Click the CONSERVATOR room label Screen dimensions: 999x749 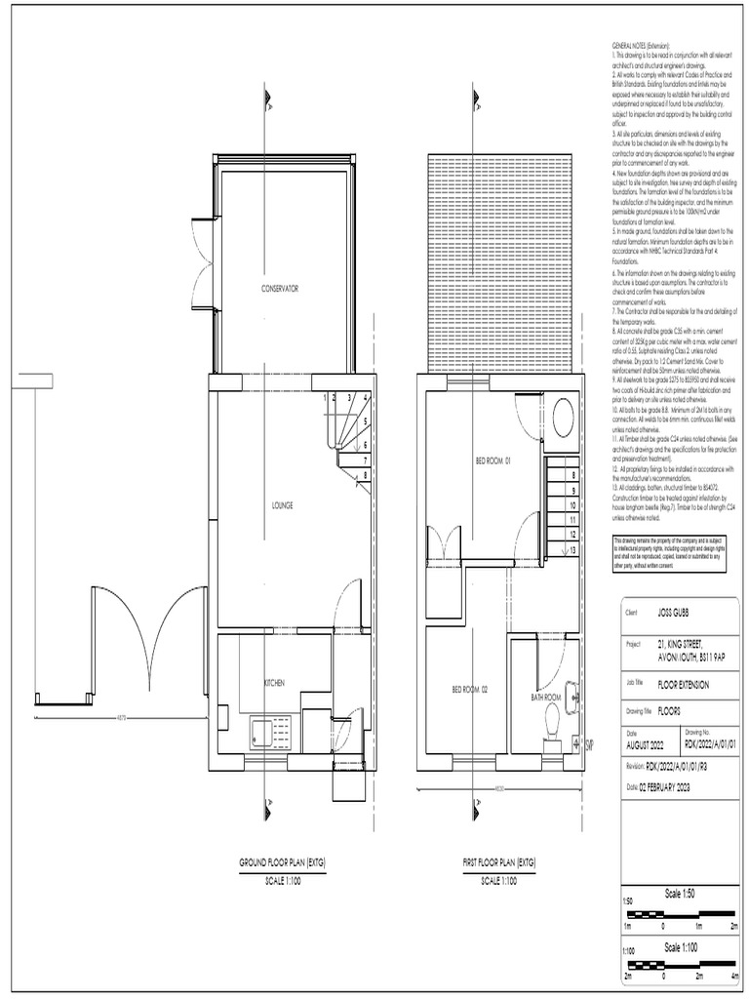pos(279,289)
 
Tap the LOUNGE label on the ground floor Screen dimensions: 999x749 pos(283,505)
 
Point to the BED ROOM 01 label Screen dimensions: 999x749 pos(493,460)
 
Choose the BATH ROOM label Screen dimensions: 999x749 pos(545,698)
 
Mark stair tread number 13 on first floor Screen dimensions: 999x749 pos(573,550)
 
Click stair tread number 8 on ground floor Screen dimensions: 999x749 pos(364,475)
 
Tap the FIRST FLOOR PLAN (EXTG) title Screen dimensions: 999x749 pos(499,863)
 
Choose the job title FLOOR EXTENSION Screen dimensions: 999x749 pos(684,685)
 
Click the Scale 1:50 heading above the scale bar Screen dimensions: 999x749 pos(680,894)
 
